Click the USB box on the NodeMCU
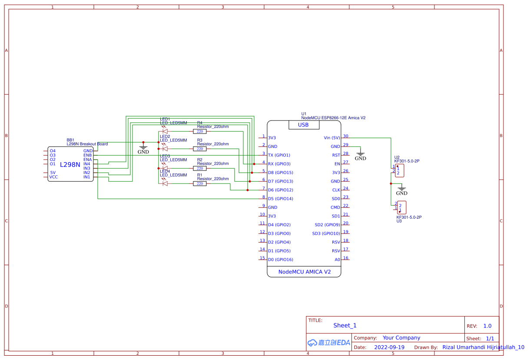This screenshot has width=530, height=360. point(304,125)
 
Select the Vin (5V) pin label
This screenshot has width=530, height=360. point(332,138)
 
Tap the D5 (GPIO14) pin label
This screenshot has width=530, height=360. point(280,199)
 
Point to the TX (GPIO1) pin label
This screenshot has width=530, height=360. point(279,155)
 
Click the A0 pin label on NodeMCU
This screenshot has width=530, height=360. point(337,260)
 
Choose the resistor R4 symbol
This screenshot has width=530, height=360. point(200,131)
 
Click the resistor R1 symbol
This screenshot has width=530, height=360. point(200,183)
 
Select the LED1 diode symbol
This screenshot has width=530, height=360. point(165,131)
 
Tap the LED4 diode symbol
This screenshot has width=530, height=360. point(165,183)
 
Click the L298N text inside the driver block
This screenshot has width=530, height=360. point(70,165)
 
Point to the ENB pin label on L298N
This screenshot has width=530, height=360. point(87,155)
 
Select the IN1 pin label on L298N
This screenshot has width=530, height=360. point(87,177)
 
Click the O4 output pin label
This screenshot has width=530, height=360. point(53,151)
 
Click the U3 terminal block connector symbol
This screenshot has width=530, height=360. point(402,207)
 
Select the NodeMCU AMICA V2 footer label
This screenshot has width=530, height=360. point(304,272)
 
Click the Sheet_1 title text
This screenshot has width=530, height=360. point(344,325)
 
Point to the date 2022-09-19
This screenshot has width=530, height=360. point(389,347)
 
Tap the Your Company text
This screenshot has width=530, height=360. point(401,338)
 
